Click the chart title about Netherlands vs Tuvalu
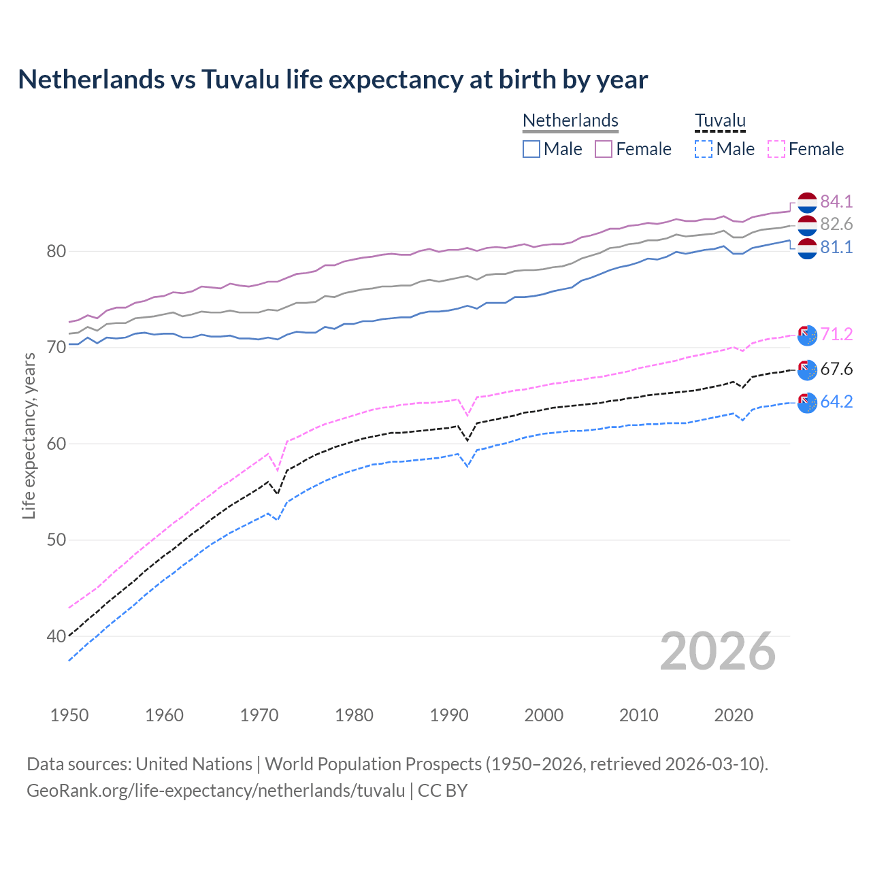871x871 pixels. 333,80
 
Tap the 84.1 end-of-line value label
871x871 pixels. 836,201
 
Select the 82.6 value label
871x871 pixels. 836,225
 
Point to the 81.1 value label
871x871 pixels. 836,248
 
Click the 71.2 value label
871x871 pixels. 836,334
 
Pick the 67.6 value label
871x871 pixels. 836,369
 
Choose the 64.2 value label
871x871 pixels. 836,402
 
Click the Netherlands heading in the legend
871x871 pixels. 570,120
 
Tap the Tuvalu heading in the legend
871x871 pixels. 720,120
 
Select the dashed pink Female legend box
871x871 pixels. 776,149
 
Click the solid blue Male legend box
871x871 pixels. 531,149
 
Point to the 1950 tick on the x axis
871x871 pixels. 69,715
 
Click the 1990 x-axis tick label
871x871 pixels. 449,715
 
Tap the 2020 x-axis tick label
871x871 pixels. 734,715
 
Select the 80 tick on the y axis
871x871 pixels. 56,252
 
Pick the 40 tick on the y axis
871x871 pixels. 56,637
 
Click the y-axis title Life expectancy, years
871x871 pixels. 29,435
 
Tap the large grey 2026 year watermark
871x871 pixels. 718,651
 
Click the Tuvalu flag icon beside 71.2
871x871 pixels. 807,335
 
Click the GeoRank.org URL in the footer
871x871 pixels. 216,791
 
